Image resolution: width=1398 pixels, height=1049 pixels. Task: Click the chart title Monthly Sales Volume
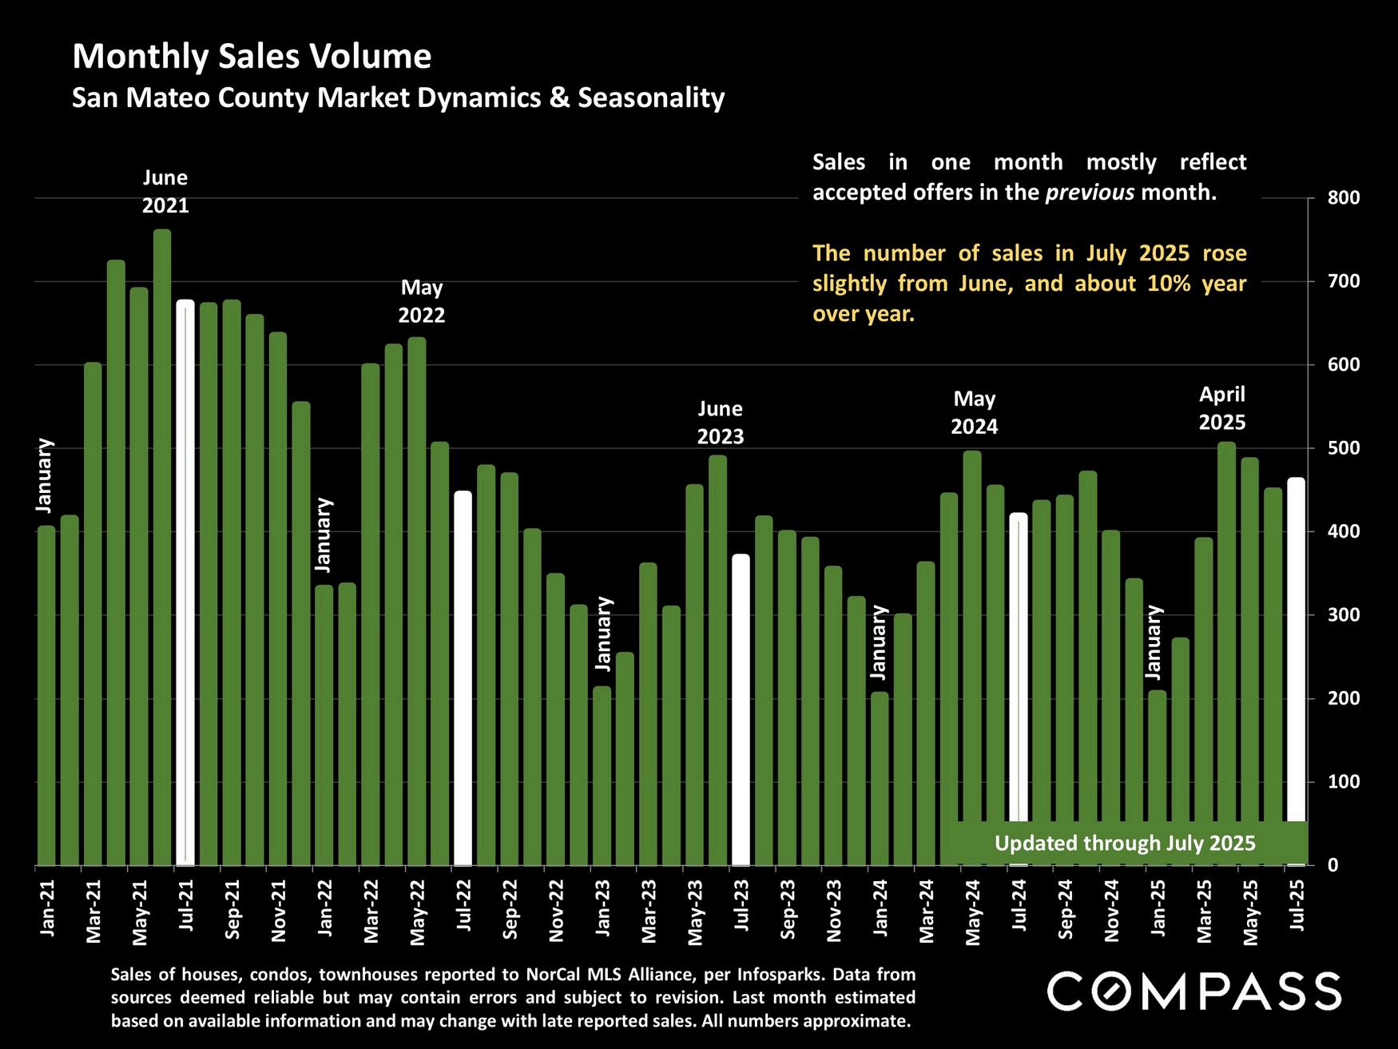[252, 58]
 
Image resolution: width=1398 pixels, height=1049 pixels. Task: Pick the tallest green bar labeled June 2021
[162, 546]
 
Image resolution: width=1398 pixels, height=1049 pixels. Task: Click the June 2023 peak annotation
[720, 423]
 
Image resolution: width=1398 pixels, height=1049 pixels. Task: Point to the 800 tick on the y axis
[1343, 198]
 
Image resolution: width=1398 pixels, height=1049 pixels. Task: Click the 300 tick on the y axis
[1343, 615]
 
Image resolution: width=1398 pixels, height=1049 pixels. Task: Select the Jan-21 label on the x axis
[47, 908]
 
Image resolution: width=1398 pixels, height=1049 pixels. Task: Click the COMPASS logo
[1193, 991]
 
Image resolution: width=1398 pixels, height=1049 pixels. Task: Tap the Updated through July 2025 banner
[1124, 843]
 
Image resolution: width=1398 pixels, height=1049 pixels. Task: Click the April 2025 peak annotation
[1222, 407]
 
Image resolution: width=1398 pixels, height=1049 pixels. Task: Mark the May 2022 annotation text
[422, 301]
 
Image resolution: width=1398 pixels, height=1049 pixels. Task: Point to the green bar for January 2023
[602, 775]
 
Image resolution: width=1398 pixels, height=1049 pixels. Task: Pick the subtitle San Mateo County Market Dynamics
[398, 98]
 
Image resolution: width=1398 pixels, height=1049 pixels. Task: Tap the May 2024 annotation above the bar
[974, 412]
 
